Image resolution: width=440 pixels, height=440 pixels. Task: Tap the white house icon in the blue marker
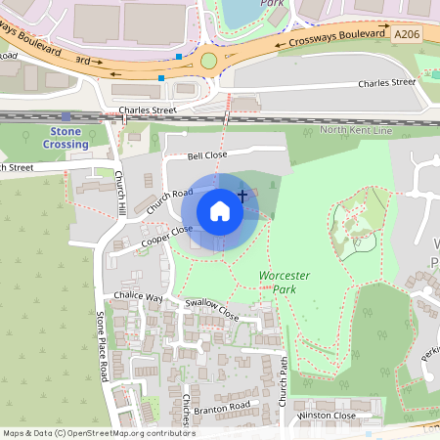point(220,210)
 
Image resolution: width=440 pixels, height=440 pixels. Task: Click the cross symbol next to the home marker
point(242,197)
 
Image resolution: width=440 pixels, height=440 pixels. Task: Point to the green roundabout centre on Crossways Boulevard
point(208,61)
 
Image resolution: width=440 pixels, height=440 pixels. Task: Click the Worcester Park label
point(284,283)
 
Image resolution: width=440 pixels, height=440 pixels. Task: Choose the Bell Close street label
point(207,154)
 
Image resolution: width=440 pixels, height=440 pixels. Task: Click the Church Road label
point(169,200)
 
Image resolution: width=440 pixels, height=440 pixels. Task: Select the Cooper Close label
point(166,236)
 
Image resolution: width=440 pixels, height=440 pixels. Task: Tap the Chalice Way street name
point(136,296)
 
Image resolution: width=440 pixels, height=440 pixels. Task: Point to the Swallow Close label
point(212,311)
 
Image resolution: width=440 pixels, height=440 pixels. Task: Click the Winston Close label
point(328,416)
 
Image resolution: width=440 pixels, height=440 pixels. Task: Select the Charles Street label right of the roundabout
point(386,83)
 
